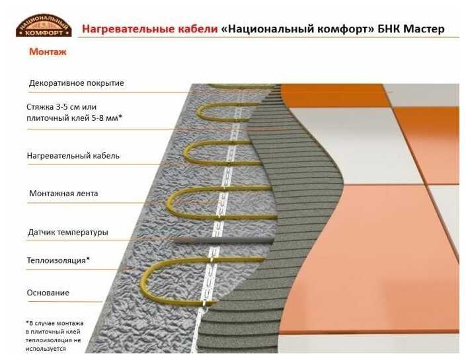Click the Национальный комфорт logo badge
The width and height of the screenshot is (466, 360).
pyautogui.click(x=43, y=26)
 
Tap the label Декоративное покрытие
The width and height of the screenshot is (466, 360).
pyautogui.click(x=76, y=83)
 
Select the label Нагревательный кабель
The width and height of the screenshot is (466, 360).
pyautogui.click(x=73, y=157)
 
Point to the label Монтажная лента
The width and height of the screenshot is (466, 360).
pyautogui.click(x=63, y=194)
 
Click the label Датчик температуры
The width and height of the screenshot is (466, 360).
pyautogui.click(x=68, y=233)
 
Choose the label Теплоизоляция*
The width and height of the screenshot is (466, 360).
pyautogui.click(x=58, y=260)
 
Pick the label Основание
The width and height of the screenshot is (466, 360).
pyautogui.click(x=48, y=293)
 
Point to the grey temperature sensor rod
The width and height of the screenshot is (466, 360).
pyautogui.click(x=218, y=240)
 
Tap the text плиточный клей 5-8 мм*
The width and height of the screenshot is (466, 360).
pyautogui.click(x=74, y=118)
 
